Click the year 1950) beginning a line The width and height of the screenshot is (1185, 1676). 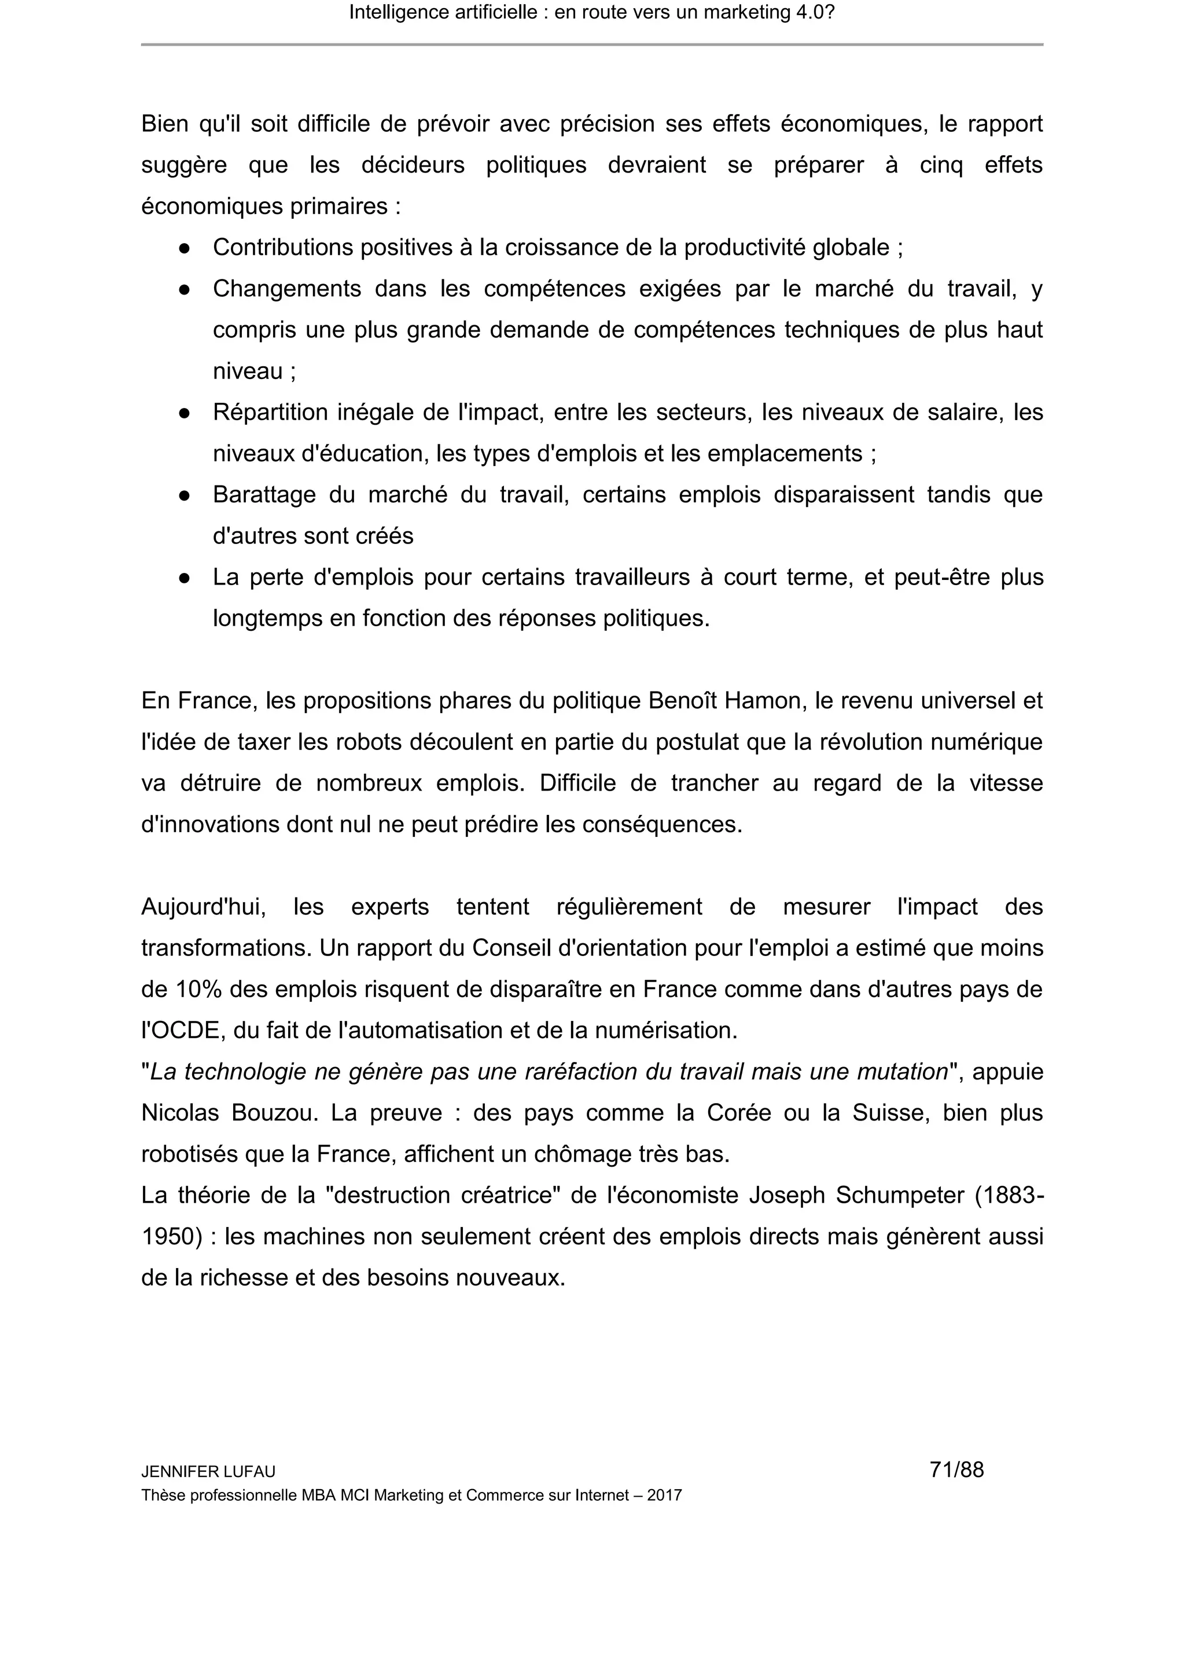(x=171, y=1237)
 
